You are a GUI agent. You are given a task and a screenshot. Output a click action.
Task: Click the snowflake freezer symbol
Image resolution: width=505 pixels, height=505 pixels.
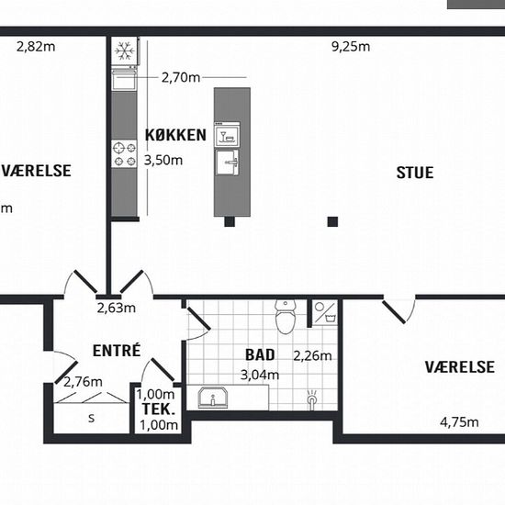pos(125,50)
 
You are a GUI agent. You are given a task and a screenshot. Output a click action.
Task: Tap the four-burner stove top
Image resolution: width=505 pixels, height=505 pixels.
pos(124,153)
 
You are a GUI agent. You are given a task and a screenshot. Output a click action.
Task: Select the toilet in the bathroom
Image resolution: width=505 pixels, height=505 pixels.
pos(286,317)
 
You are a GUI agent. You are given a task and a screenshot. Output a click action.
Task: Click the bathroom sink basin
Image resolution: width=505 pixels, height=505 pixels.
pos(213,398)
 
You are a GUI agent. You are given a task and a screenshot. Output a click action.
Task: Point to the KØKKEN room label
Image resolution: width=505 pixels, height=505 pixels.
pos(175,135)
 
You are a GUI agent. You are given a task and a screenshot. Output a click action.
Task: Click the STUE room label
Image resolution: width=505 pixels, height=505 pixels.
pos(415,173)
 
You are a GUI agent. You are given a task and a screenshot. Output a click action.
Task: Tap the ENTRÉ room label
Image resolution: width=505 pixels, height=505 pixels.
pos(117,350)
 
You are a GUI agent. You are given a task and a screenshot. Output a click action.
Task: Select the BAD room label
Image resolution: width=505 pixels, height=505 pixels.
pos(260,355)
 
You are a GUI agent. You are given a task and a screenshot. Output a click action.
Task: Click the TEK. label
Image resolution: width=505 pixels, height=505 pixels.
pos(159,409)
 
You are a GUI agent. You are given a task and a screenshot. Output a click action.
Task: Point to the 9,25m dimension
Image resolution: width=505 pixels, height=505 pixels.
pos(351,47)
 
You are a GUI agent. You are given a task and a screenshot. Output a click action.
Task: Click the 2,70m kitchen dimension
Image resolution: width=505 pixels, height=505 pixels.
pos(181,78)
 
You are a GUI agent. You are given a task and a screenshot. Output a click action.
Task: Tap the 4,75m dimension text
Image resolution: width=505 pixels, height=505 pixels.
pos(459,422)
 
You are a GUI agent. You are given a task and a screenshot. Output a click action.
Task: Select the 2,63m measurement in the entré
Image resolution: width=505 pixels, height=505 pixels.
pos(117,309)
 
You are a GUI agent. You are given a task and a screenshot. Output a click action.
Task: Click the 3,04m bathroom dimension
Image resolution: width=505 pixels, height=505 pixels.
pos(260,375)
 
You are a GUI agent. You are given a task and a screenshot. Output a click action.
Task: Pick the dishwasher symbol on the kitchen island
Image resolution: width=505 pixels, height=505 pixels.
pos(227,133)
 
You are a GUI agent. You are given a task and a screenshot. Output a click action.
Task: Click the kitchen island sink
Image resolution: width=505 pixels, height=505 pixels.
pos(227,163)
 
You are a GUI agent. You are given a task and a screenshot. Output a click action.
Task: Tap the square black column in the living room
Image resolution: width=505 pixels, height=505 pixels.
pos(332,221)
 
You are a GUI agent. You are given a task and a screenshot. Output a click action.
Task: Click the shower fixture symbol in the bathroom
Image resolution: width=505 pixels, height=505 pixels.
pos(312,399)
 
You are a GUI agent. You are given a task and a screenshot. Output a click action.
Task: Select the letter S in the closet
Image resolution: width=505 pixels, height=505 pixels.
pos(92,418)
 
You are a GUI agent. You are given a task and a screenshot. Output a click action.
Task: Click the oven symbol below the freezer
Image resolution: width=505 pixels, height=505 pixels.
pos(124,79)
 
